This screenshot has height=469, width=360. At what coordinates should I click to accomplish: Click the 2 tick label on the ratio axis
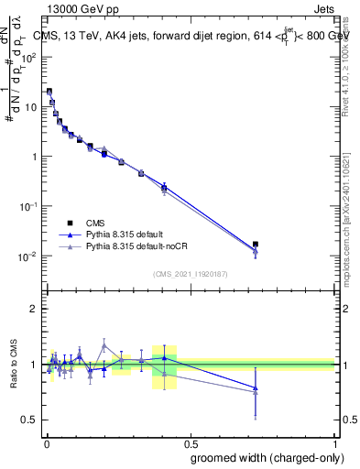coord(34,309)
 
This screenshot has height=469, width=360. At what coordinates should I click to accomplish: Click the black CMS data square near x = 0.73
coord(256,245)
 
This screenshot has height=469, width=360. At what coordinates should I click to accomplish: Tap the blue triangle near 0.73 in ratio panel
coord(256,388)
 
